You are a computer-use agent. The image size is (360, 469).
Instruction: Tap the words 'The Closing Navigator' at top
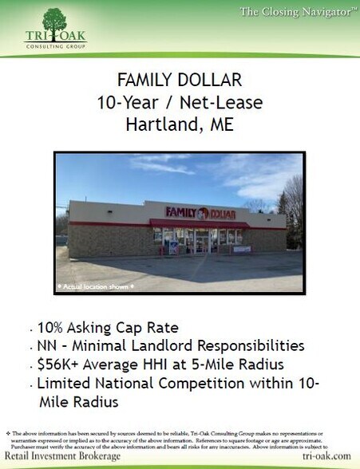[295, 11]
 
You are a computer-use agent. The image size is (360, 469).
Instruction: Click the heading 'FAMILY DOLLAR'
[179, 81]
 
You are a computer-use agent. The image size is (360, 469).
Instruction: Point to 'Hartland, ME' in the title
[179, 124]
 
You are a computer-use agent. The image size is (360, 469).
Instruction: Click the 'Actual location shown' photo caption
[95, 284]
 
